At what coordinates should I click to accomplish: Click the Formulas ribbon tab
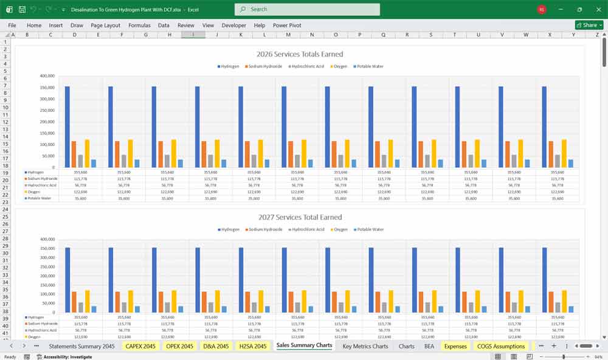pos(139,26)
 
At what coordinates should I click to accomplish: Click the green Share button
pos(589,26)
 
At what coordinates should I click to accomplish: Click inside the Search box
pos(307,9)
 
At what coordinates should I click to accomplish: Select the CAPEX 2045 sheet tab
pos(140,346)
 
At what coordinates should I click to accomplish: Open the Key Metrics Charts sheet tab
pos(365,346)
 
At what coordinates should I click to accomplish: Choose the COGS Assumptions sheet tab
pos(500,346)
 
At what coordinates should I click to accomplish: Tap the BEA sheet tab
pos(429,346)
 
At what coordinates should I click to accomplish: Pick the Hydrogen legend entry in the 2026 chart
pos(229,66)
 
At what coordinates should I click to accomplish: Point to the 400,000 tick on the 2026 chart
pos(47,76)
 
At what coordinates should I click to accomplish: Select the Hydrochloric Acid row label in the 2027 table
pos(42,330)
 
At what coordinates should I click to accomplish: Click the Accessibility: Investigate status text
pos(67,357)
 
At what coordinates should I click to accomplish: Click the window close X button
pos(598,9)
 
